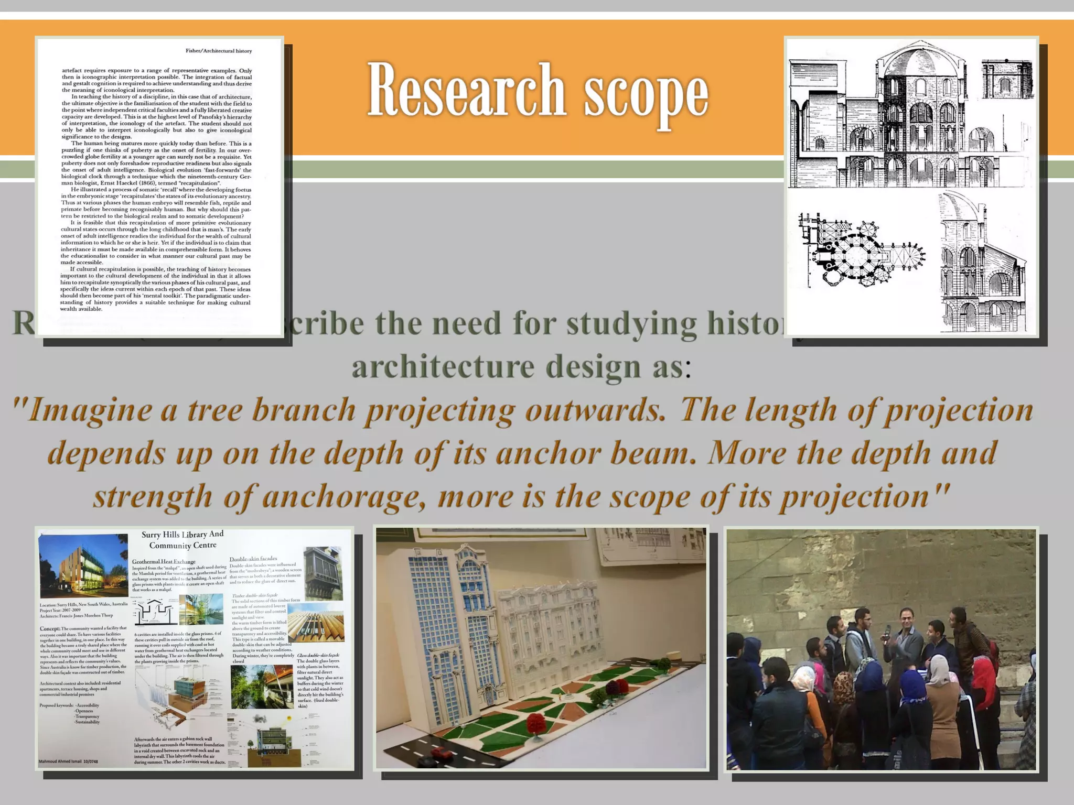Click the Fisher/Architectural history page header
point(219,51)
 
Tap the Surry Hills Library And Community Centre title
point(182,539)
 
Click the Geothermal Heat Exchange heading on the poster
point(163,561)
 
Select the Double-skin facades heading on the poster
point(253,559)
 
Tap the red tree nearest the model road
point(535,725)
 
